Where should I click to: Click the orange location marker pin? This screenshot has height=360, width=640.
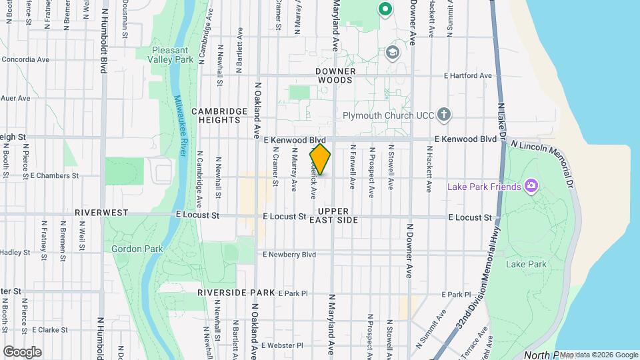coord(320,159)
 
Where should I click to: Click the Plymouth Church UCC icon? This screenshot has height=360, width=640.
coord(444,115)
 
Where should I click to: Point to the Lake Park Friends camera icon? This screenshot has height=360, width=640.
coord(531,185)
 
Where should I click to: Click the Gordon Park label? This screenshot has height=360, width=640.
coord(127,249)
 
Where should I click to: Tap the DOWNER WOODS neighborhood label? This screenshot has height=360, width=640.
coord(335,75)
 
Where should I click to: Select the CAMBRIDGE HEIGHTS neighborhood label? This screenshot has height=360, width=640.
coord(215,115)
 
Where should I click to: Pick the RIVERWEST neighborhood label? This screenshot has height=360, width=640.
coord(101,212)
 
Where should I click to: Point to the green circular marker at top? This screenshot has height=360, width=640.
coord(384,9)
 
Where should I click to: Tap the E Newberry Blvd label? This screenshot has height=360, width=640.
coord(289,255)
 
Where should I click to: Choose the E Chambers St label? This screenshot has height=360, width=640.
coord(55,176)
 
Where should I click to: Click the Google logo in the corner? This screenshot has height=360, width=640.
coord(22,351)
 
